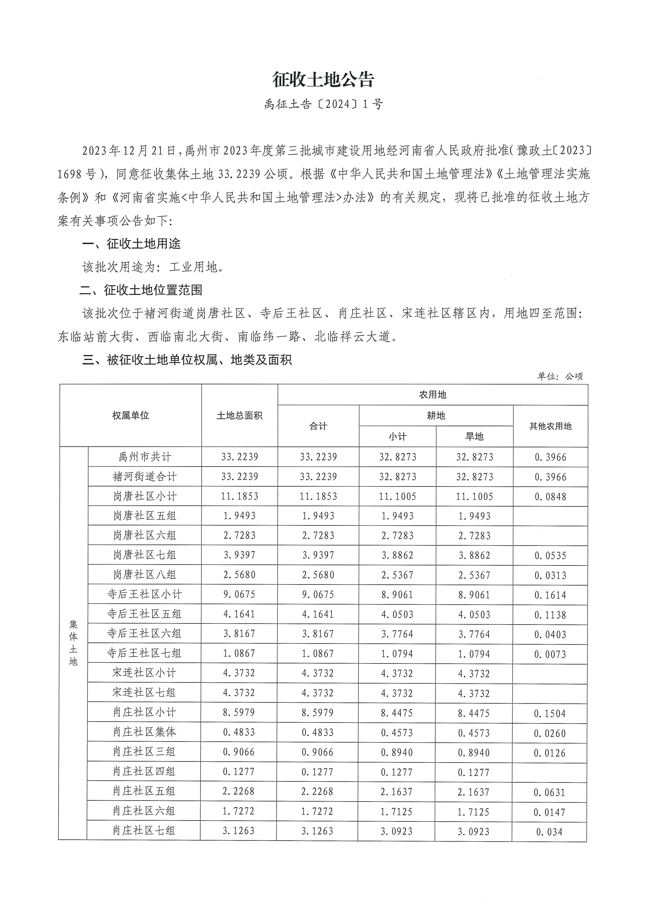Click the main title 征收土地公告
(323, 80)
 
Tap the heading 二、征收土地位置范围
(141, 290)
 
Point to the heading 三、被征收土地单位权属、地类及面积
(187, 360)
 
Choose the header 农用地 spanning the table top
(433, 395)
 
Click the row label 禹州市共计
(144, 457)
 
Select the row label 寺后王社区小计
(144, 594)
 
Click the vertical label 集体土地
(73, 643)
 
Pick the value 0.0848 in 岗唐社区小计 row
(550, 497)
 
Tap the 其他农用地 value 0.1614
(550, 595)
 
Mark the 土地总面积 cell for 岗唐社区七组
(239, 555)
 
